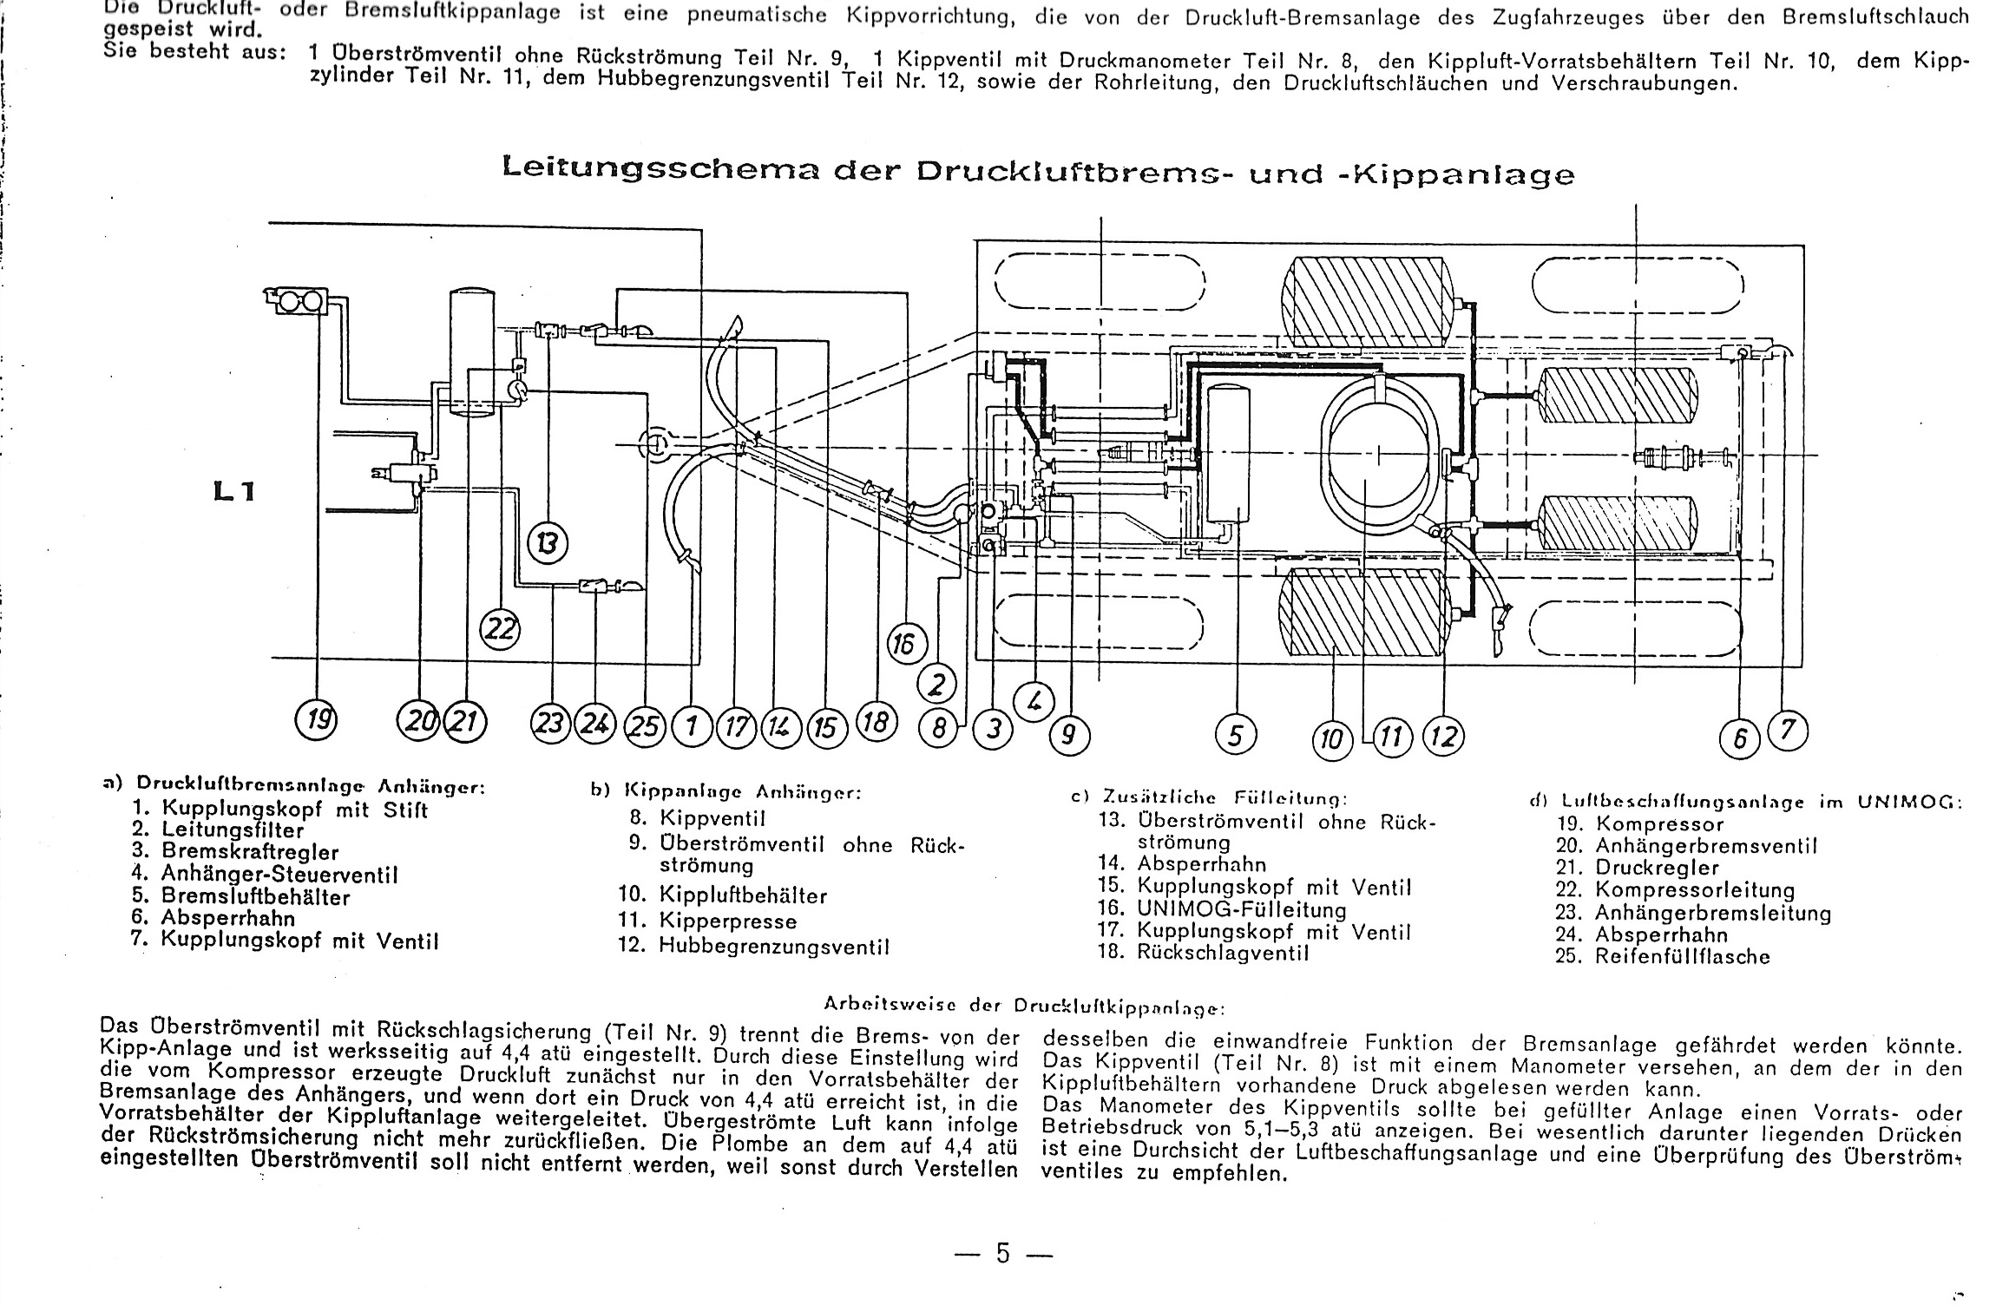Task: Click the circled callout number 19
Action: coord(317,721)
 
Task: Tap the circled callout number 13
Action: coord(548,544)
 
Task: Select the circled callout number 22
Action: coord(500,629)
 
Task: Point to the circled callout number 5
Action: coord(1236,735)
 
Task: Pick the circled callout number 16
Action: coord(906,646)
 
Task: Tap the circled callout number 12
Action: coord(1443,737)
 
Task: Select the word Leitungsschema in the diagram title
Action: coord(660,169)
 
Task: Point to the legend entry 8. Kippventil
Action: coord(698,817)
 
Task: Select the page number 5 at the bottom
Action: coord(1003,1253)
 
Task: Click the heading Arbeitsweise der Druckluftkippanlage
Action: coord(1023,1007)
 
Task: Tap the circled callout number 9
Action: coord(1069,736)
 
